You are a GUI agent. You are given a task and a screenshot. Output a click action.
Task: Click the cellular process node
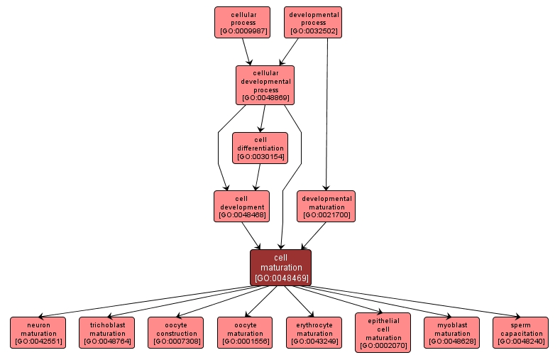click(x=242, y=22)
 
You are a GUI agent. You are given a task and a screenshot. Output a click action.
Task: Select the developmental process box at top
click(x=313, y=22)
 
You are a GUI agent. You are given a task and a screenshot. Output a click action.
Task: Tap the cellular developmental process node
click(x=265, y=85)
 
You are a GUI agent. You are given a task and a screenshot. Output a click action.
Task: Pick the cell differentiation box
click(x=260, y=148)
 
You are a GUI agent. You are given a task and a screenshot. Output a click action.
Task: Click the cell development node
click(x=242, y=206)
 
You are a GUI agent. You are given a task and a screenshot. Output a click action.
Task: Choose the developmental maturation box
click(x=326, y=206)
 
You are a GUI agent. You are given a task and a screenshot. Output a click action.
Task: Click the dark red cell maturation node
click(x=280, y=267)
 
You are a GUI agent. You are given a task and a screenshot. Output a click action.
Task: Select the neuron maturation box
click(x=38, y=332)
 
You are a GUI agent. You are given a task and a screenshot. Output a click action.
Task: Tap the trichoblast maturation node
click(x=107, y=332)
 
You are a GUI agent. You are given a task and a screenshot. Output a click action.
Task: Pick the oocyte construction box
click(x=176, y=332)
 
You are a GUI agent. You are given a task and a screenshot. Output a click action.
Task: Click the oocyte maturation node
click(x=246, y=332)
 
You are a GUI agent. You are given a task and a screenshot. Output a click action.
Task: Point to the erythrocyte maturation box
click(x=314, y=332)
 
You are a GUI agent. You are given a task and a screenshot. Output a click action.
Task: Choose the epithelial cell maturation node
click(x=383, y=332)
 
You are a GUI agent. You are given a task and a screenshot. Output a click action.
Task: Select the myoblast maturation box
click(x=452, y=332)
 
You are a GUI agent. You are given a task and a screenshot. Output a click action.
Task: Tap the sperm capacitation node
click(x=521, y=332)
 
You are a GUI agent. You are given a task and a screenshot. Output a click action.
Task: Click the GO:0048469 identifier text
click(x=280, y=278)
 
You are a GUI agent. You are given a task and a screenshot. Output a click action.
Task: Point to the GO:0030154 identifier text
click(x=260, y=156)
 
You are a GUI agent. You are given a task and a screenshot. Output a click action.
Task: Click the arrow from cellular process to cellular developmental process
click(x=247, y=51)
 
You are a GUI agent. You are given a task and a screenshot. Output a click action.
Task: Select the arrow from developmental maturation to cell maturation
click(x=314, y=235)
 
